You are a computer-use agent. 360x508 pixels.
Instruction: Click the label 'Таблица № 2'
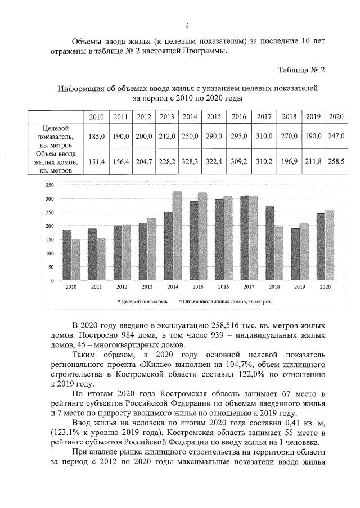(x=301, y=70)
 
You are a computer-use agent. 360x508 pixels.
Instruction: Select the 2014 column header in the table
(x=190, y=116)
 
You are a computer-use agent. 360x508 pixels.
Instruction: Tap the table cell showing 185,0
(x=96, y=136)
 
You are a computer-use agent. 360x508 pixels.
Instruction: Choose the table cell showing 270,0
(x=289, y=136)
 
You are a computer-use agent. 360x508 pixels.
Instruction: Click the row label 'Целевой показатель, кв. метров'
(x=52, y=136)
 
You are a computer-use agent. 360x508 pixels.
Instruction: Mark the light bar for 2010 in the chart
(x=76, y=259)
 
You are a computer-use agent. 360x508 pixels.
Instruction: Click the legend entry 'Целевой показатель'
(x=144, y=301)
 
